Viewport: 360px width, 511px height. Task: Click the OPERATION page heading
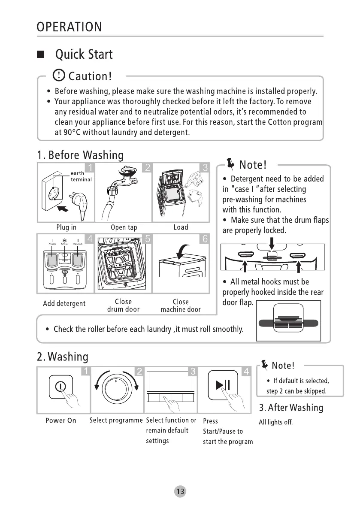point(69,27)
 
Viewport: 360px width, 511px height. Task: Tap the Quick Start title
point(84,54)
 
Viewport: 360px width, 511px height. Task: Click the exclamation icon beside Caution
point(59,76)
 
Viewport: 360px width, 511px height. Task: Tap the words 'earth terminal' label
point(81,176)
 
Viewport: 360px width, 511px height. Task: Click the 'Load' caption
point(181,227)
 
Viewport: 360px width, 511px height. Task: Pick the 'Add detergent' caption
point(64,304)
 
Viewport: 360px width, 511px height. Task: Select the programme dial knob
point(115,389)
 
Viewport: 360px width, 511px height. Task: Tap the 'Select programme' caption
point(116,420)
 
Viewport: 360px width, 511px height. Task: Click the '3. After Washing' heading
point(290,407)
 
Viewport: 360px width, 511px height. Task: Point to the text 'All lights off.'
point(275,423)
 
